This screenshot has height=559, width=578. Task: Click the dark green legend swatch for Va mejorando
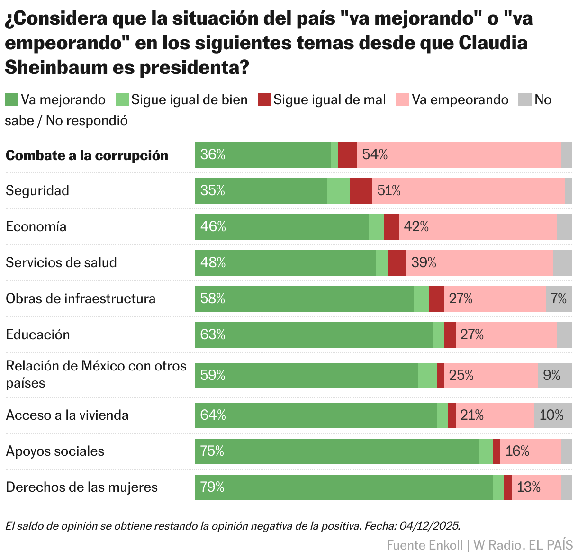coord(11,99)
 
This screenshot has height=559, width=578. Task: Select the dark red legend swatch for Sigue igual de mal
coord(264,99)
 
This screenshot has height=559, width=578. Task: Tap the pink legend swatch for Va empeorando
coord(402,99)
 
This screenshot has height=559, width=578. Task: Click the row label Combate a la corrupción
coord(87,155)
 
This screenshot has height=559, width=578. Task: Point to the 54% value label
coord(375,154)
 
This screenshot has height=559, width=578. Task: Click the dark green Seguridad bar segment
coord(261,191)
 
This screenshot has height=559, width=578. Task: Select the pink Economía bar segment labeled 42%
coord(478,227)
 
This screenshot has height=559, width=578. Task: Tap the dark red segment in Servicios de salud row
coord(397,263)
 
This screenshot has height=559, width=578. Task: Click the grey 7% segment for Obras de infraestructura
coord(559,299)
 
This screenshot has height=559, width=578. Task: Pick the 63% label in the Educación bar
coord(213,335)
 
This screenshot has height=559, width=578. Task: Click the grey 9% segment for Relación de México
coord(555,376)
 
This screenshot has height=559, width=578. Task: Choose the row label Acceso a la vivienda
coord(67,415)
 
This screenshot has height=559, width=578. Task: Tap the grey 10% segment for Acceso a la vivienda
coord(553,415)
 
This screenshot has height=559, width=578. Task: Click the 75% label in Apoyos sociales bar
coord(212,451)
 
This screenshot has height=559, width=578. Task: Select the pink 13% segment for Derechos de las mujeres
coord(536,487)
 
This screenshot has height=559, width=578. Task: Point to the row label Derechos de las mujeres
coord(81,487)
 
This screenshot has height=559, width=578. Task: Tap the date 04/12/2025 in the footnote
coord(430,526)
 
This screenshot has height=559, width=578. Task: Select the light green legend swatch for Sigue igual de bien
coord(122,99)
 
